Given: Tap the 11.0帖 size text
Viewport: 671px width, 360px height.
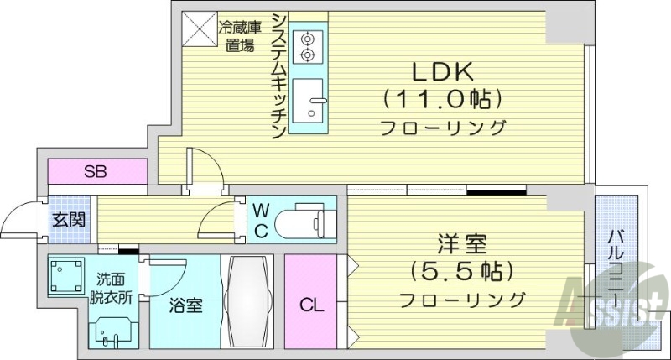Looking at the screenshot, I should (443, 99).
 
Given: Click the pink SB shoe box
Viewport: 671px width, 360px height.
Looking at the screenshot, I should (96, 173).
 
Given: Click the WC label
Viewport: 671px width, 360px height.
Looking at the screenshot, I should (261, 219).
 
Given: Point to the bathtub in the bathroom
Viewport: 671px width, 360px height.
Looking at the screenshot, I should (247, 300).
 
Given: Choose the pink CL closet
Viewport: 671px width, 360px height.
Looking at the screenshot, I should (310, 302).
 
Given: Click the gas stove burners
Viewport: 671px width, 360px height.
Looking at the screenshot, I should (308, 46).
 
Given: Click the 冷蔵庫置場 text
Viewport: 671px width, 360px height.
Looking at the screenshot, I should (240, 36).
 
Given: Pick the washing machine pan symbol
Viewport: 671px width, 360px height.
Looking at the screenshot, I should (65, 274).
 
